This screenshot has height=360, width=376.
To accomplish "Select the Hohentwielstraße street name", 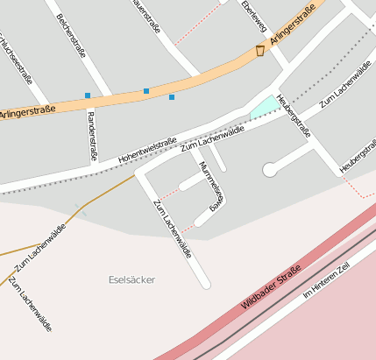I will click(x=147, y=150).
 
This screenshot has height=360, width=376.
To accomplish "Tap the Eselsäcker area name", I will click(x=131, y=280).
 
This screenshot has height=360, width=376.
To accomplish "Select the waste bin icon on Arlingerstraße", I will click(x=260, y=51).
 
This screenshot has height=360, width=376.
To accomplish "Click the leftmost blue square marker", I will click(x=88, y=95).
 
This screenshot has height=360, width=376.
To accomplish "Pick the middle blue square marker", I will click(x=146, y=91).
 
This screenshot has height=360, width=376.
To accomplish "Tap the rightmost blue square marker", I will click(x=172, y=96).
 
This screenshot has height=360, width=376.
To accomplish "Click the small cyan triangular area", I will click(x=262, y=107).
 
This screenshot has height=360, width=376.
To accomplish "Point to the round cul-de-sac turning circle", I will click(x=269, y=170).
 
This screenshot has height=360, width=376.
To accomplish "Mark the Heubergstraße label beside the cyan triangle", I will click(x=294, y=115).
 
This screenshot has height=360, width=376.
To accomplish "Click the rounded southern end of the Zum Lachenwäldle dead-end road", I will click(x=206, y=284).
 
